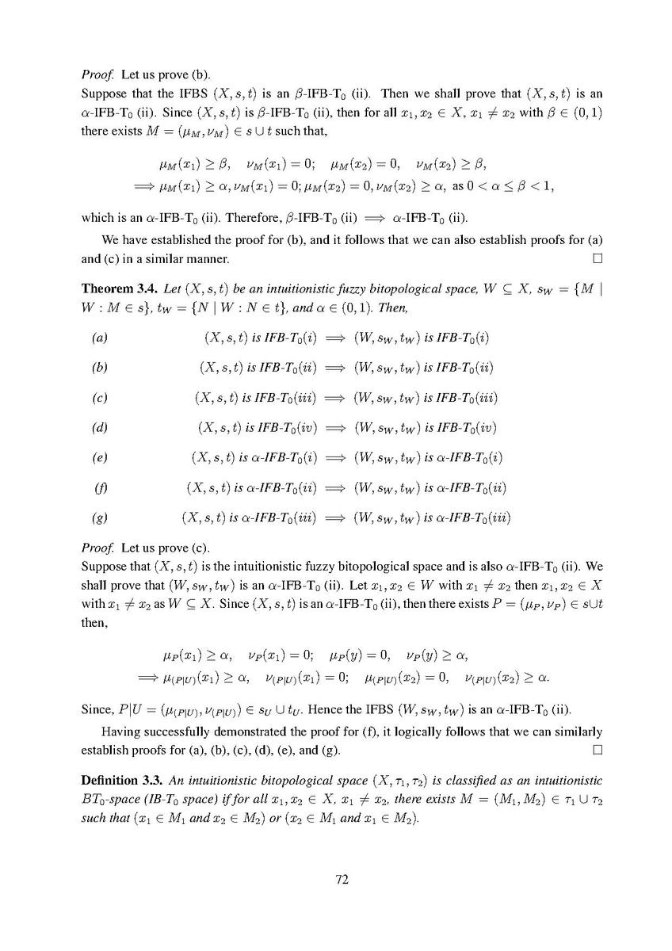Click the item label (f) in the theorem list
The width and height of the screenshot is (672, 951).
[x=99, y=489]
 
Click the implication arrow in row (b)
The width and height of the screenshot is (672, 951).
[x=336, y=369]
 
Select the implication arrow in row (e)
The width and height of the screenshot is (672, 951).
[x=336, y=459]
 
